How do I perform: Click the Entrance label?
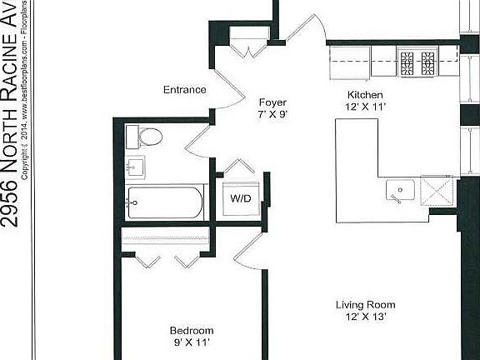click(184, 90)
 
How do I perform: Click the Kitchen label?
click(365, 95)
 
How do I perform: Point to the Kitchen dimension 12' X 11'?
click(365, 107)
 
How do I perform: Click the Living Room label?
click(365, 304)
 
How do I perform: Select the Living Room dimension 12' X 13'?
click(365, 316)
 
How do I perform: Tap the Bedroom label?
click(192, 330)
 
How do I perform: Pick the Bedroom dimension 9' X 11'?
click(192, 342)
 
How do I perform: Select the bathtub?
click(164, 202)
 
